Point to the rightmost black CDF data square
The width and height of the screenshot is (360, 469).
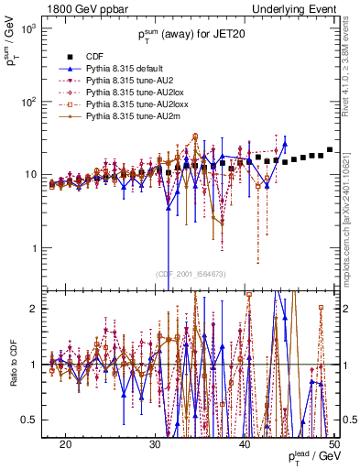[x=330, y=149]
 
